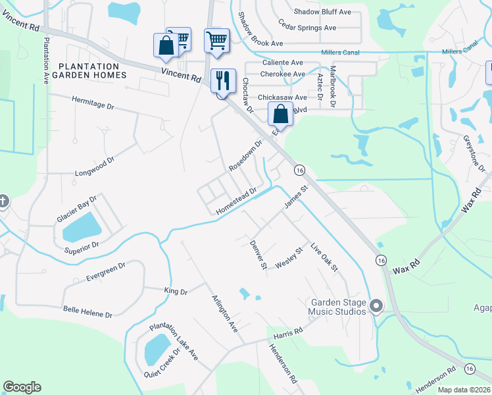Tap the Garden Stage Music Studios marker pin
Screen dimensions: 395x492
pos(376,306)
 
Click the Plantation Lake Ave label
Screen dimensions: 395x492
pos(174,341)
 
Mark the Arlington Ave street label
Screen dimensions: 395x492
pos(224,313)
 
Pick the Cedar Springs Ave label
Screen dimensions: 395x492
pos(307,28)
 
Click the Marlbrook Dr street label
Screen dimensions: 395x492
pos(333,86)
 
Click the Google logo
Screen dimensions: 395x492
pos(22,387)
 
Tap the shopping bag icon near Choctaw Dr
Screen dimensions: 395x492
pos(280,114)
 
